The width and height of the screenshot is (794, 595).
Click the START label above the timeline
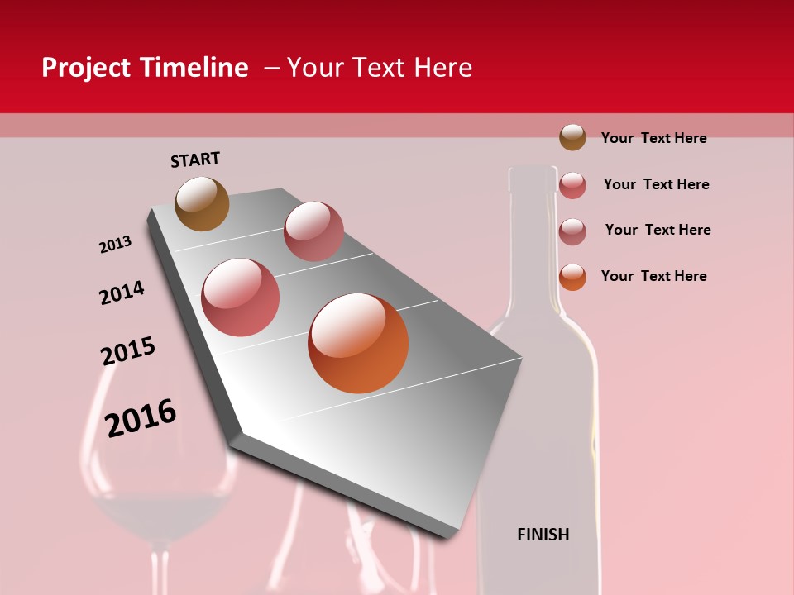click(195, 159)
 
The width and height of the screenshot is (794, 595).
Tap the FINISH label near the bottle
click(543, 535)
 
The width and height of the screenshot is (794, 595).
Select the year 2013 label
click(115, 245)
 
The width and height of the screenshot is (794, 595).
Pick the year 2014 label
click(122, 293)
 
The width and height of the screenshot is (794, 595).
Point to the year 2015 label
click(127, 351)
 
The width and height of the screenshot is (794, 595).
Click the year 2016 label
click(141, 418)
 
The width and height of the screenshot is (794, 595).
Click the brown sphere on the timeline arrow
click(202, 203)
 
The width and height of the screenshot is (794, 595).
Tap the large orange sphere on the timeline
click(358, 343)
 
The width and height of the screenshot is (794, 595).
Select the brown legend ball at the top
click(572, 137)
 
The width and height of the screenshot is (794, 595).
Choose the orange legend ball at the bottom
click(572, 277)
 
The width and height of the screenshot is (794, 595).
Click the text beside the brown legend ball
click(653, 138)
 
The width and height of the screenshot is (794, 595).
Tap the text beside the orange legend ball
click(653, 276)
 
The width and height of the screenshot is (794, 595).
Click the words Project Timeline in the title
click(145, 68)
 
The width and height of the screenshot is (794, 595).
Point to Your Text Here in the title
click(380, 68)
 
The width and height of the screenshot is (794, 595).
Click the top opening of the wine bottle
click(533, 172)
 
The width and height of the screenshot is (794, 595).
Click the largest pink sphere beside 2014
click(241, 297)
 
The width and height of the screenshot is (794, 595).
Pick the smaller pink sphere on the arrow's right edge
click(313, 231)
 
